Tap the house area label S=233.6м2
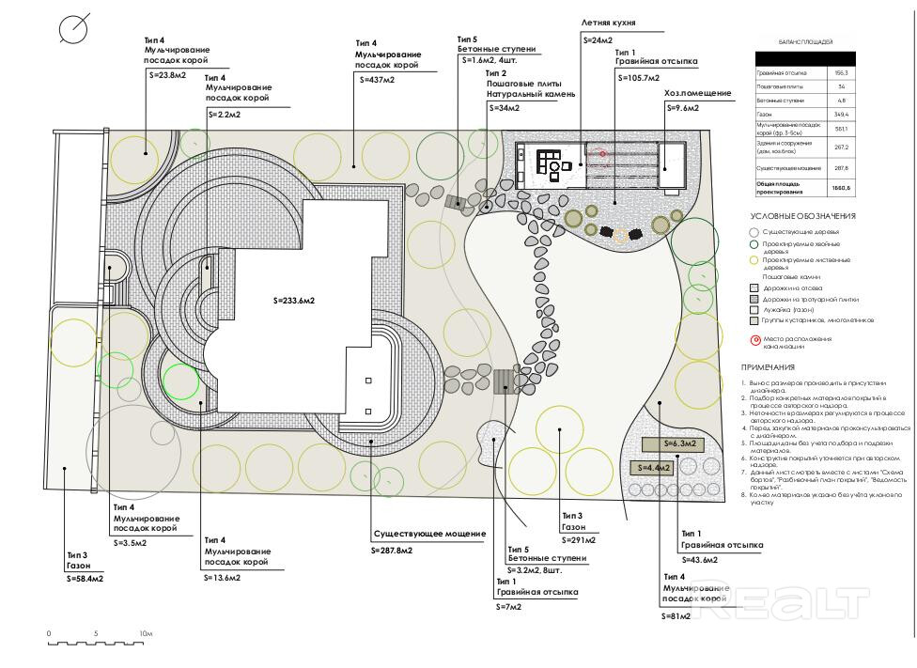pyautogui.click(x=294, y=301)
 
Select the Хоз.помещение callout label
pyautogui.click(x=698, y=93)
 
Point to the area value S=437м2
pyautogui.click(x=378, y=81)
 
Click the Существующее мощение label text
pyautogui.click(x=429, y=534)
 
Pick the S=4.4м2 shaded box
pyautogui.click(x=655, y=467)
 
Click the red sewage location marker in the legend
pyautogui.click(x=754, y=340)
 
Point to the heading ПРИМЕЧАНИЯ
pyautogui.click(x=768, y=367)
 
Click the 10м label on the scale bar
pyautogui.click(x=145, y=634)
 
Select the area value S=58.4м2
pyautogui.click(x=85, y=579)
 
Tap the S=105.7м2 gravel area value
pyautogui.click(x=639, y=78)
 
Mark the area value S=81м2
pyautogui.click(x=676, y=615)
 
